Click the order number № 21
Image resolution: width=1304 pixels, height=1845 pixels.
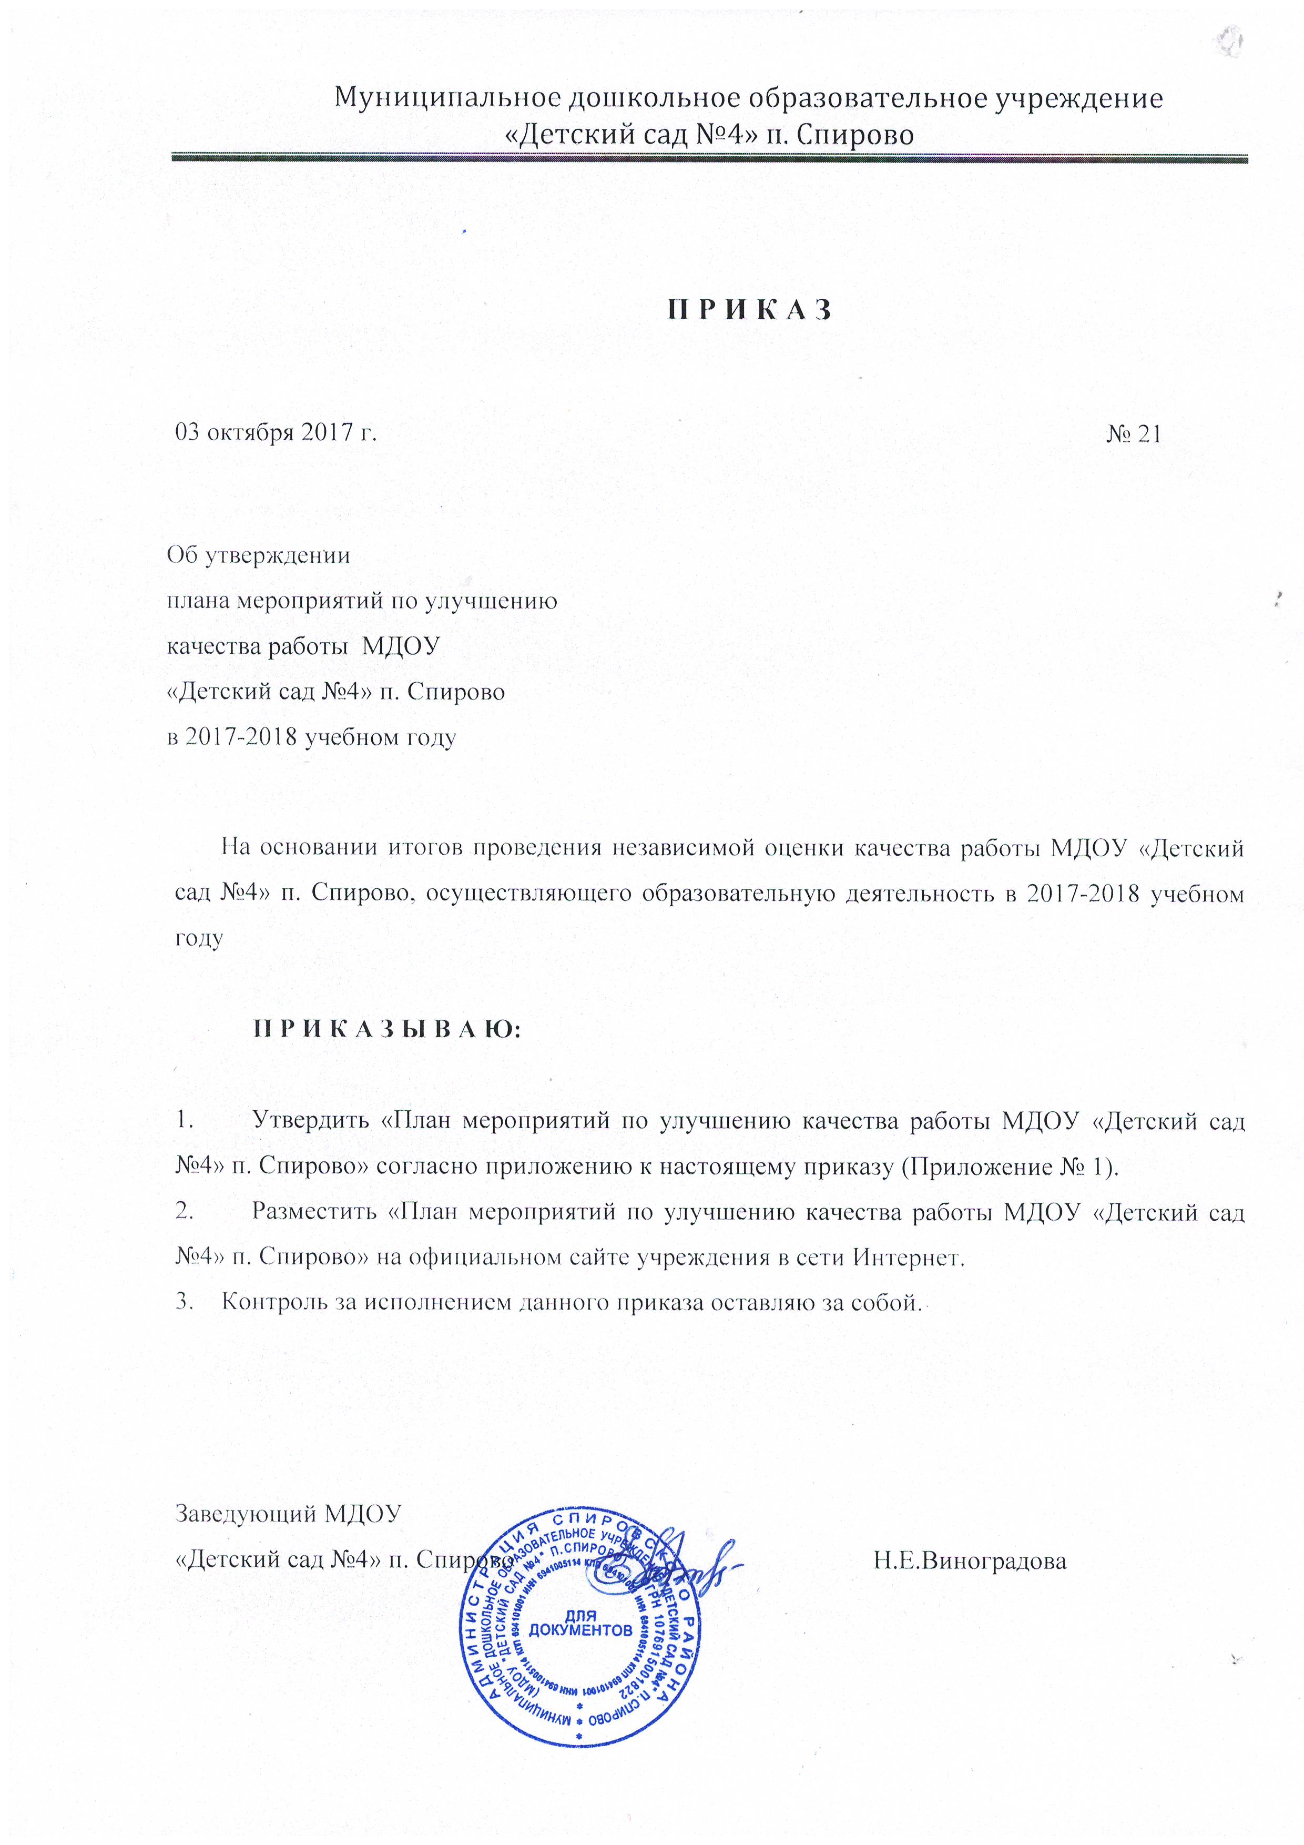pyautogui.click(x=1133, y=434)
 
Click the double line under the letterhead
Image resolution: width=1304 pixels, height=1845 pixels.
pyautogui.click(x=709, y=158)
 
